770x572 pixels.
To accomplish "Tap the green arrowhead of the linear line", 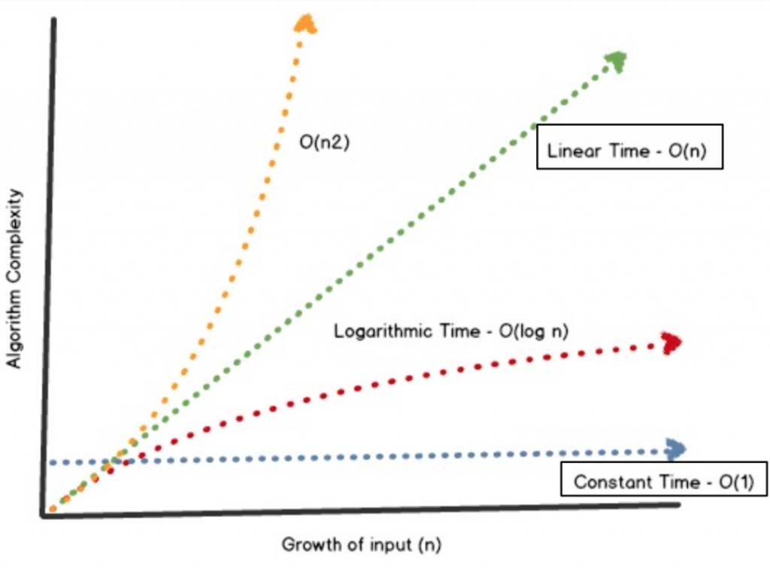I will (x=617, y=61).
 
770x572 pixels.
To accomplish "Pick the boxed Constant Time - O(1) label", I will (x=663, y=482).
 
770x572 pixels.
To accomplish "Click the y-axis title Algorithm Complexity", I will (x=14, y=278).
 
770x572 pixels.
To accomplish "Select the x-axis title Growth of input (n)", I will (x=361, y=544).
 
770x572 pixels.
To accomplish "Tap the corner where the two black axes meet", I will (x=44, y=515).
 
